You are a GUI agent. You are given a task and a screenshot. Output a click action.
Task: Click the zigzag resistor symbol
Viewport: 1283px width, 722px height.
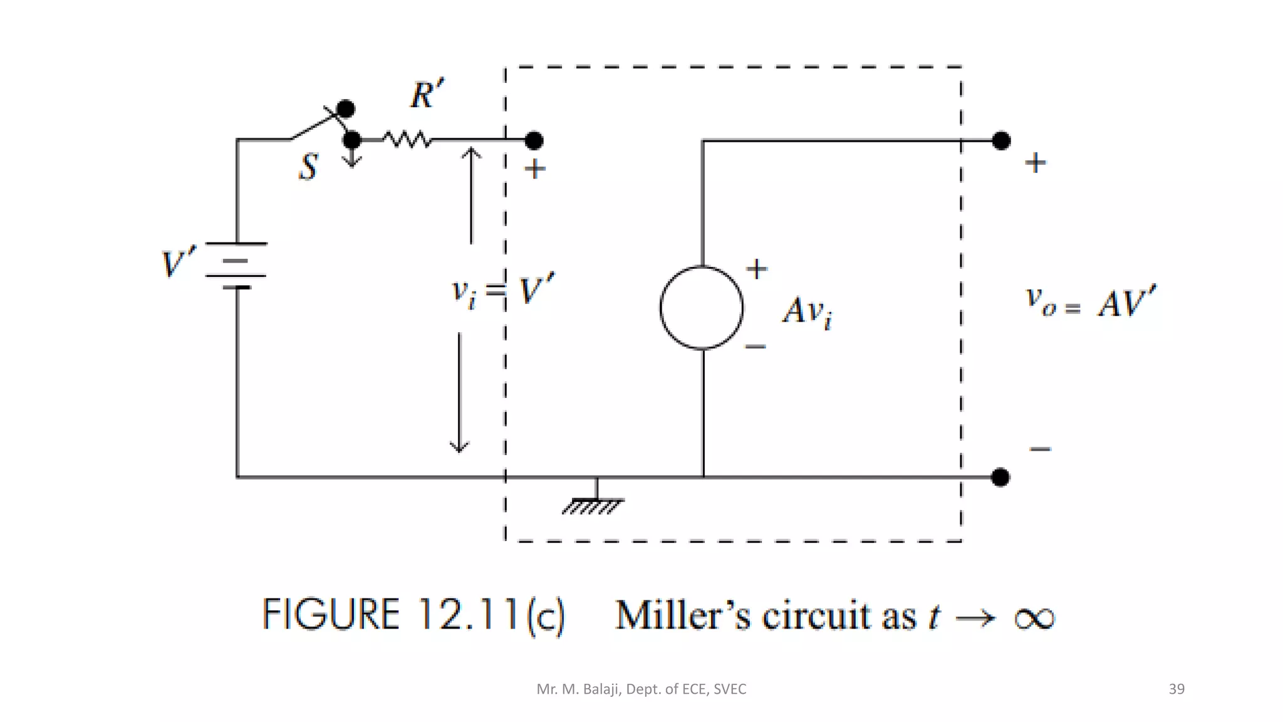407,139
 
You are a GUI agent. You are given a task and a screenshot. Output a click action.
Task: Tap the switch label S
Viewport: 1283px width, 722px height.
308,167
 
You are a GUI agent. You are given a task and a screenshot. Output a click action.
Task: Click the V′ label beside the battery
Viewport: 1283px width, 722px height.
179,262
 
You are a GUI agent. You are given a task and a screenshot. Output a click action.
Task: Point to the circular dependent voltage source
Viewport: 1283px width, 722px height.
702,307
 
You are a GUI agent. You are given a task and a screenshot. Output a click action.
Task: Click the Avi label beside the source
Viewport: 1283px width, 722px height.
807,311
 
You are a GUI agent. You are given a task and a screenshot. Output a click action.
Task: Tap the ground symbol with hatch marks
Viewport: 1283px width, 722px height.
593,505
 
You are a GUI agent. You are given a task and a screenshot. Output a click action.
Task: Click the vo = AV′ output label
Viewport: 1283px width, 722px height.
1090,302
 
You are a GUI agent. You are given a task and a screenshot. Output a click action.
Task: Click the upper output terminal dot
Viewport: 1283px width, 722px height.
1001,140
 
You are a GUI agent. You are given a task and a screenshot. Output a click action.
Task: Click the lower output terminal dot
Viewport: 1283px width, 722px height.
1000,478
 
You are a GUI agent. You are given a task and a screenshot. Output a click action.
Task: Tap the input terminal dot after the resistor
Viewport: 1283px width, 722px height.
534,141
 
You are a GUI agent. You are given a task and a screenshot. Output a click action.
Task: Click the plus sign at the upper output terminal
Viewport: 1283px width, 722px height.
1036,163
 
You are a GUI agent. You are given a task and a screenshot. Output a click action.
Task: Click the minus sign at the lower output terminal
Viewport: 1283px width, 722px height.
1040,449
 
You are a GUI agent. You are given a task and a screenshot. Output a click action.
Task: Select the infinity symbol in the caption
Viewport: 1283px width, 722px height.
1034,618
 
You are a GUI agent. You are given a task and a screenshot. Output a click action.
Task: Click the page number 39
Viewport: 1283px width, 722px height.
1177,689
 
